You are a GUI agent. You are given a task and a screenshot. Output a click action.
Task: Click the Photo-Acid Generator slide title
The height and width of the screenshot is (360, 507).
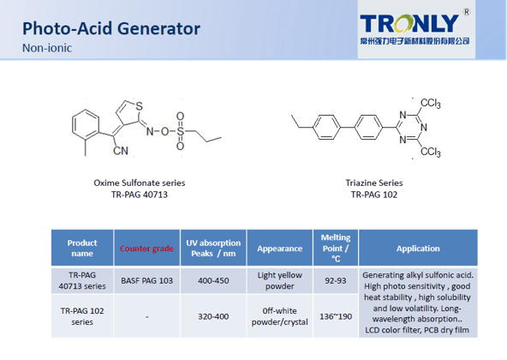[x=111, y=28]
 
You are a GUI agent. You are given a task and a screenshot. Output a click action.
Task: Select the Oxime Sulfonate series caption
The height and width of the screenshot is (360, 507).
[x=139, y=183]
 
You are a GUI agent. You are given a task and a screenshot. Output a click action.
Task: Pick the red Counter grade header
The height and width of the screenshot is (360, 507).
[x=146, y=249]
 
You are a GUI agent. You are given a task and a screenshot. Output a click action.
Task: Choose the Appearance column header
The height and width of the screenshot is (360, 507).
[x=280, y=249]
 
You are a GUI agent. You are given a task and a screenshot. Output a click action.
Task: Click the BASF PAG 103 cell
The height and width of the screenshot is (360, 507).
[x=146, y=280]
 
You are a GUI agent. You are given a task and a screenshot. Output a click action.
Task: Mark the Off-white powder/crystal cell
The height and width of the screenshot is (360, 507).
[x=280, y=316]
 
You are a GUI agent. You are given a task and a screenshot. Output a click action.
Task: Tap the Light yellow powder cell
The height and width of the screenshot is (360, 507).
[x=280, y=280]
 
